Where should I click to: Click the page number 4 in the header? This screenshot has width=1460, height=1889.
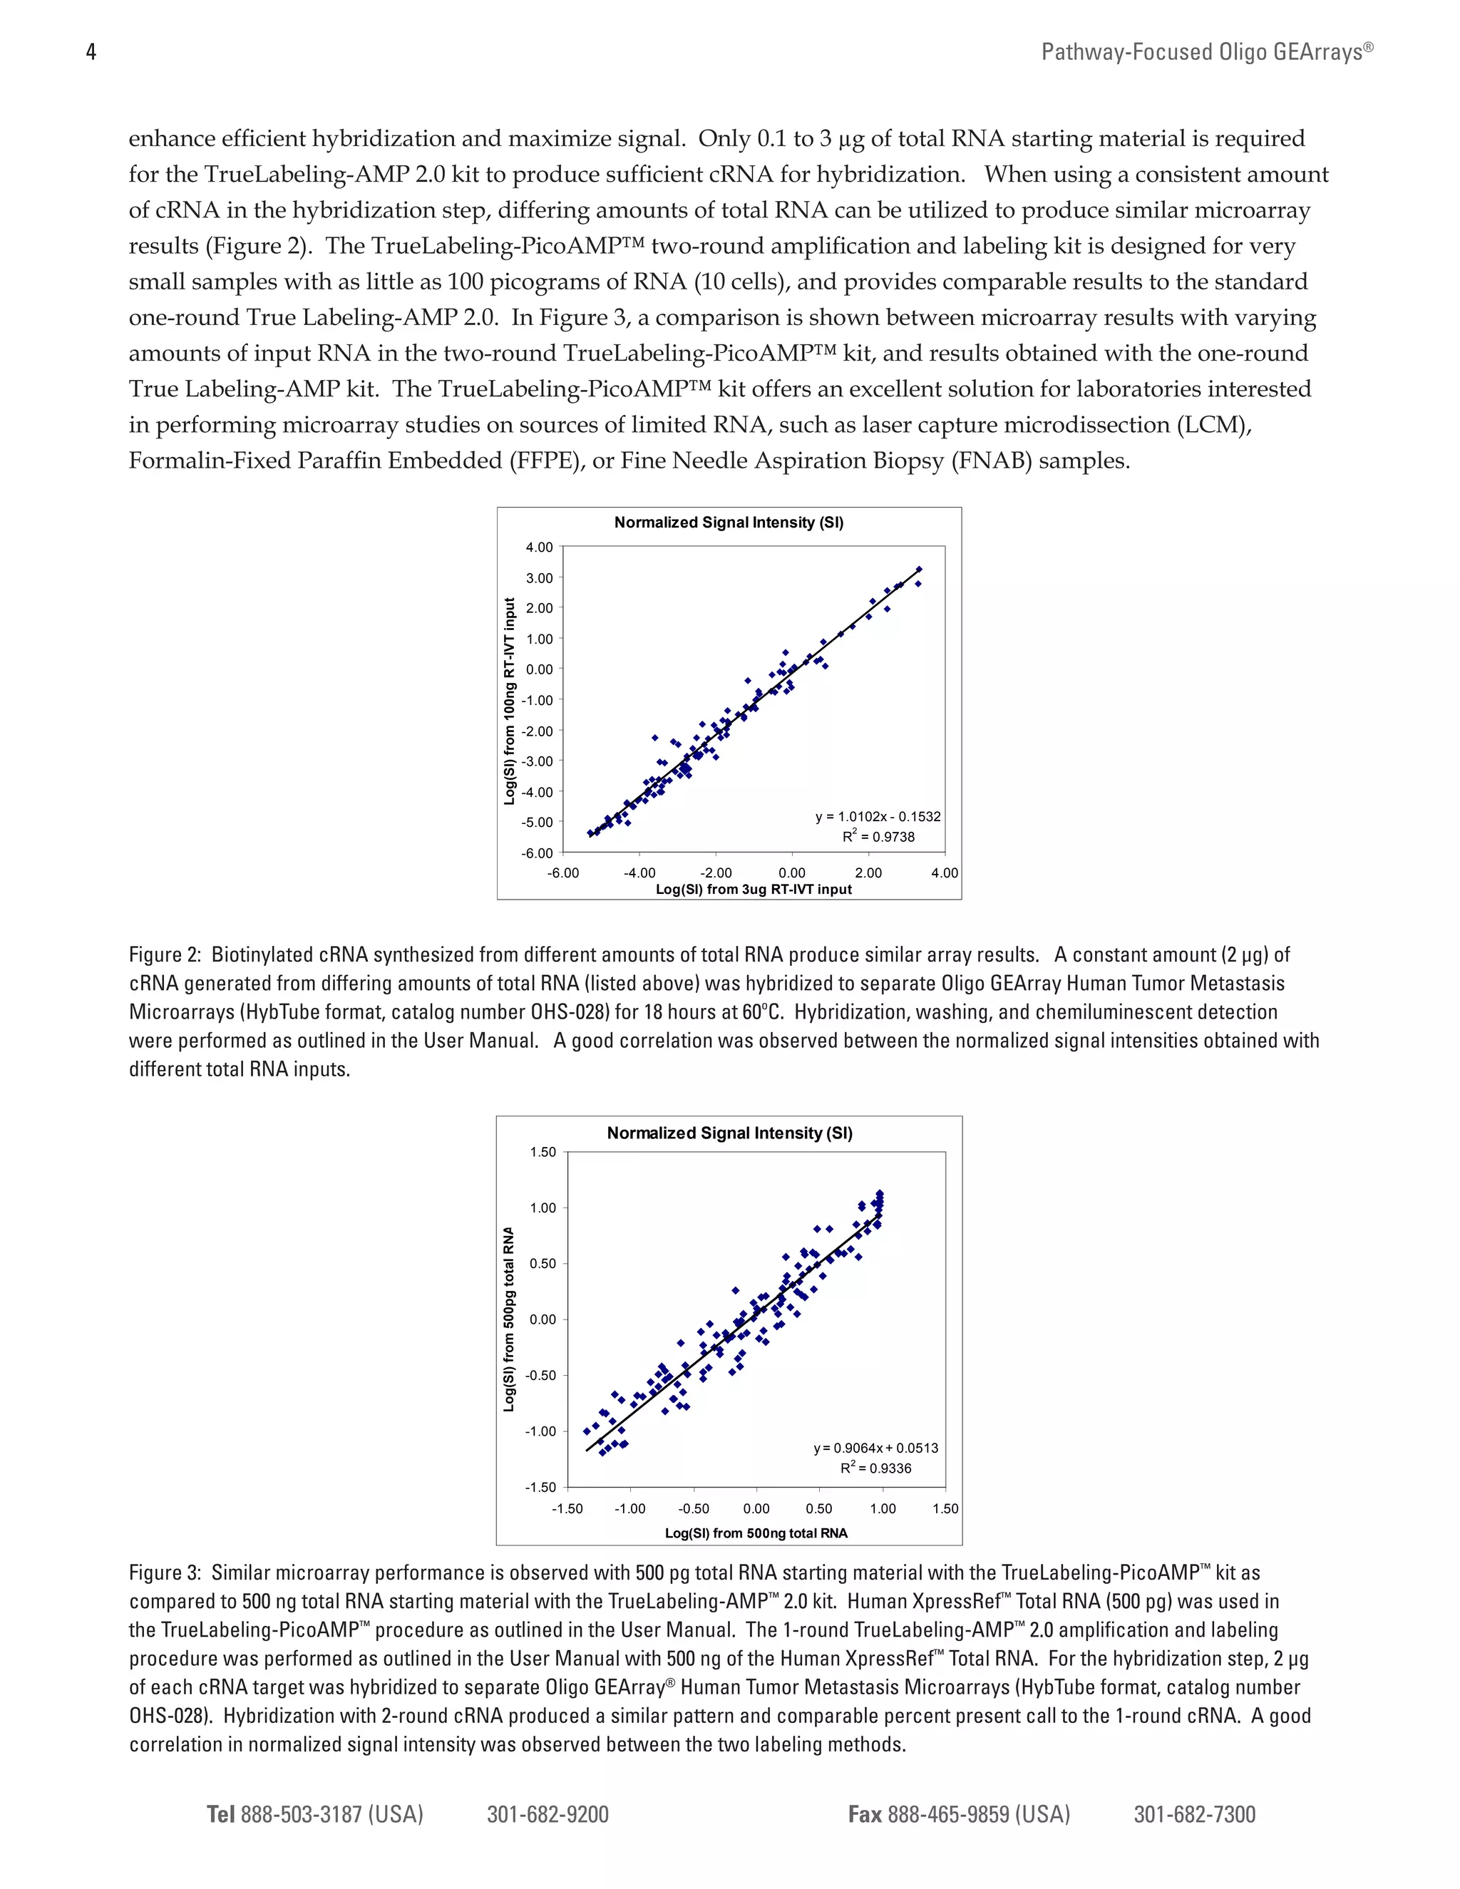tap(91, 53)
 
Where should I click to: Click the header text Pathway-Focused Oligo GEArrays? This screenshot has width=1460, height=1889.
tap(1207, 53)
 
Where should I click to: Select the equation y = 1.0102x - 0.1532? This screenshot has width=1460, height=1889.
tap(877, 816)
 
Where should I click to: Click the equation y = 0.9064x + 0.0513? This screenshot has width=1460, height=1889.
tap(875, 1448)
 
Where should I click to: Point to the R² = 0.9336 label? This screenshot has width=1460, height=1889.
tap(875, 1468)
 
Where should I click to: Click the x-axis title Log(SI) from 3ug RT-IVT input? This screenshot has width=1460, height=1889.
tap(754, 889)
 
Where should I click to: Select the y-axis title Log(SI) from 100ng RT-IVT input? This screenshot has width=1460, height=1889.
tap(510, 701)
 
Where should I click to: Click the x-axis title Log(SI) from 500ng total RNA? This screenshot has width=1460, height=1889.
tap(756, 1533)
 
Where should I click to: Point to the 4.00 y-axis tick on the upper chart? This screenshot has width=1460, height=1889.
tap(539, 547)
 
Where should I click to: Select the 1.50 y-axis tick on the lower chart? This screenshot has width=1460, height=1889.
tap(543, 1152)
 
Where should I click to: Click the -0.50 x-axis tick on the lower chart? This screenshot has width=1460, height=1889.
tap(693, 1508)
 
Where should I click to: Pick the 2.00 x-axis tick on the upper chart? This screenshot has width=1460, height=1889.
tap(868, 873)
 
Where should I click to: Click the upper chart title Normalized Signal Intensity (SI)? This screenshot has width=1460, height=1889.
tap(729, 523)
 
